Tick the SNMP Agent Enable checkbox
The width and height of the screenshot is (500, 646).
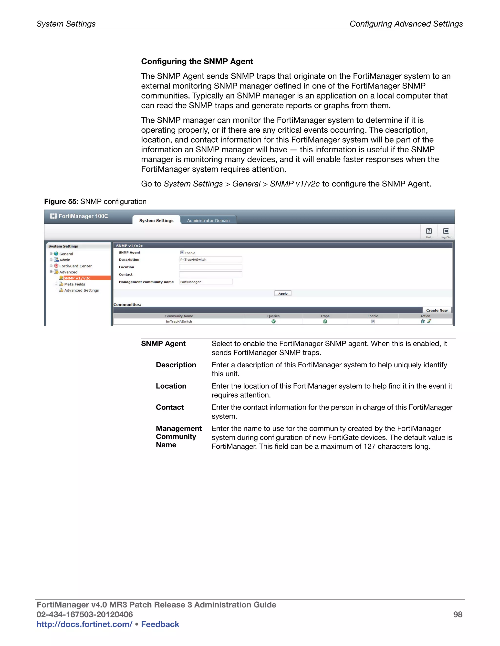coord(182,252)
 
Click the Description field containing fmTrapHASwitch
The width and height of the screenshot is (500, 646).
coord(211,259)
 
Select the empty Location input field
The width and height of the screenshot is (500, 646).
coord(211,267)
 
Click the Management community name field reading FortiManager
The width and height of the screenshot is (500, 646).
coord(206,282)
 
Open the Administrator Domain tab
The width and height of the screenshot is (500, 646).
coord(208,220)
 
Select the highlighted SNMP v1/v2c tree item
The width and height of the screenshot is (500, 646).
coord(77,278)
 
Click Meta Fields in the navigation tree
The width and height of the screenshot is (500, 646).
coord(74,284)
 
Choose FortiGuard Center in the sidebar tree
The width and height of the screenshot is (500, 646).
coord(75,266)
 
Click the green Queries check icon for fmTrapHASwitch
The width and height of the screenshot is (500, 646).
coord(273,322)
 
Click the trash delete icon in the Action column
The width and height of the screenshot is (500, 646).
coord(423,322)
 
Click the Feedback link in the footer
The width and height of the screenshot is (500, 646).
coord(160,624)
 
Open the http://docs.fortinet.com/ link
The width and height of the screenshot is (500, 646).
coord(84,624)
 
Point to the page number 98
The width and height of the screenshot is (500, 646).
coord(458,614)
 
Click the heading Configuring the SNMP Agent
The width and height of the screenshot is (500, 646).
coord(197,61)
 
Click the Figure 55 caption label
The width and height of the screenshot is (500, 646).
coord(61,201)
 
